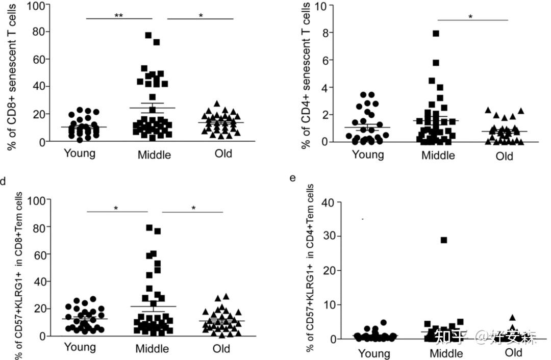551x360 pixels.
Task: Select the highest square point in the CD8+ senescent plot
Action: click(148, 35)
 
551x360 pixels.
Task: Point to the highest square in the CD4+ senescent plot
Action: click(436, 34)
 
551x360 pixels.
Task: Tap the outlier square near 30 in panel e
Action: click(444, 240)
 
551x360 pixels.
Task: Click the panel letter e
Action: click(292, 178)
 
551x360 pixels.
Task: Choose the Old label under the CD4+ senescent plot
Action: click(504, 156)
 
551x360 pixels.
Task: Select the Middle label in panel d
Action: click(153, 349)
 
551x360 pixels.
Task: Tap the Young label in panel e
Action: click(374, 353)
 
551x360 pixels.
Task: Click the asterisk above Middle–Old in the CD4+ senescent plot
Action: click(470, 17)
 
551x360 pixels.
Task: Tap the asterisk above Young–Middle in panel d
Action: click(116, 209)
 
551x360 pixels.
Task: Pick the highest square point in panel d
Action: click(149, 228)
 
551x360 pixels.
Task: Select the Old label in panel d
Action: click(220, 349)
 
